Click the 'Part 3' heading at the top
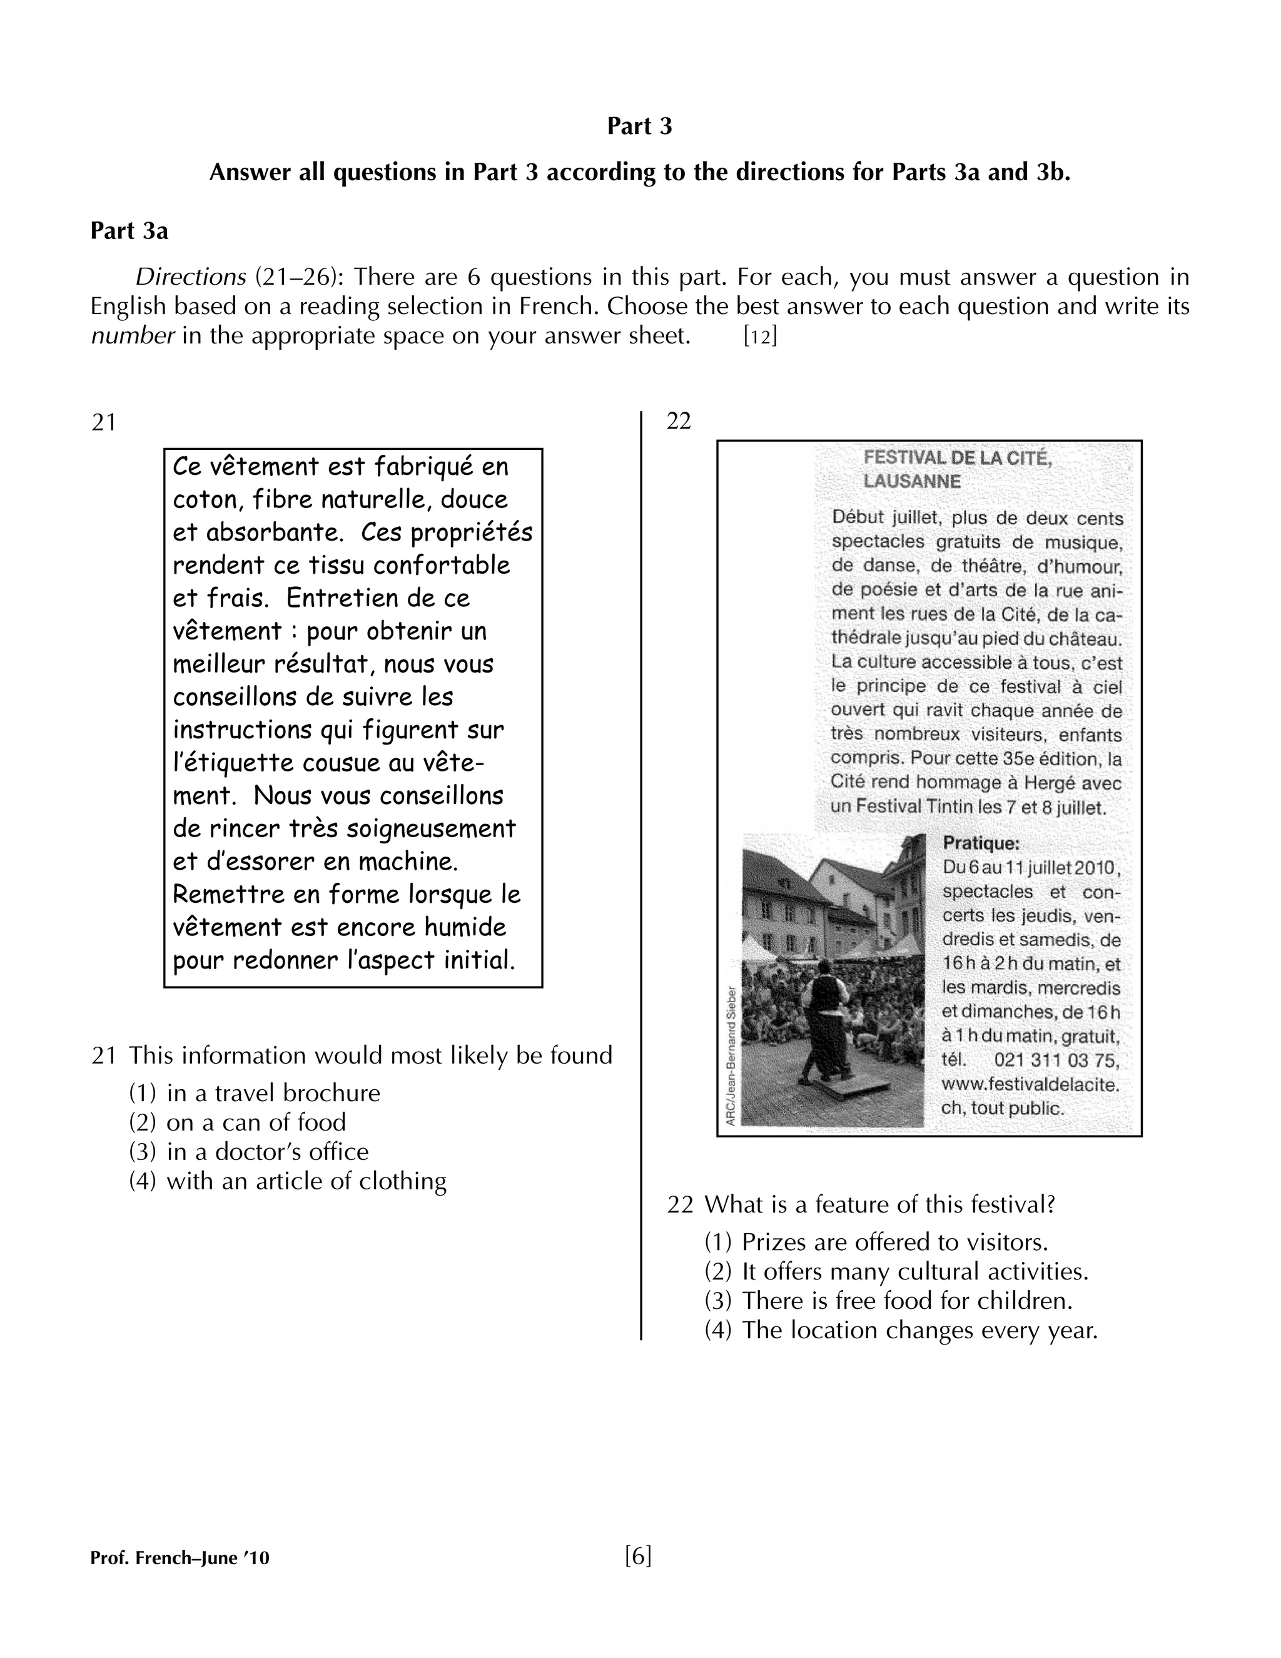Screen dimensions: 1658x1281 639,126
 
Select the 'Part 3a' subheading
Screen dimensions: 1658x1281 129,231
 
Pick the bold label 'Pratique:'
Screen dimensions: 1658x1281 981,843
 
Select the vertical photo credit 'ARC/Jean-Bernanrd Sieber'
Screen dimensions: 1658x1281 731,1055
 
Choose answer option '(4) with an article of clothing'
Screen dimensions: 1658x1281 288,1181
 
